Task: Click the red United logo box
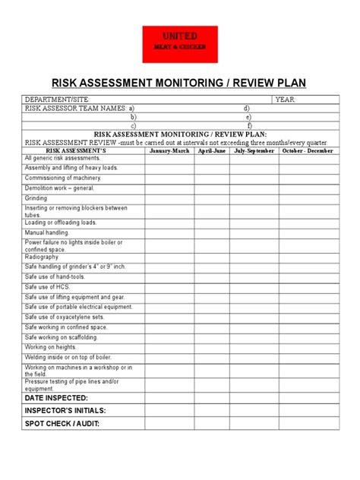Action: point(181,44)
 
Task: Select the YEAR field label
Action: point(286,99)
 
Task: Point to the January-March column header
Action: point(169,150)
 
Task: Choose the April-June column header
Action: point(212,150)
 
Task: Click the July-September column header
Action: point(254,150)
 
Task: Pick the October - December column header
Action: point(308,150)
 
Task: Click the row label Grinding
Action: point(36,197)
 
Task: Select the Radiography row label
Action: point(41,257)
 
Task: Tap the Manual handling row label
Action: point(46,232)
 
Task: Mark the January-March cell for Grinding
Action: point(169,197)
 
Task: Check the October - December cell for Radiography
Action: point(308,257)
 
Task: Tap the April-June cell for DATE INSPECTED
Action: point(212,397)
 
